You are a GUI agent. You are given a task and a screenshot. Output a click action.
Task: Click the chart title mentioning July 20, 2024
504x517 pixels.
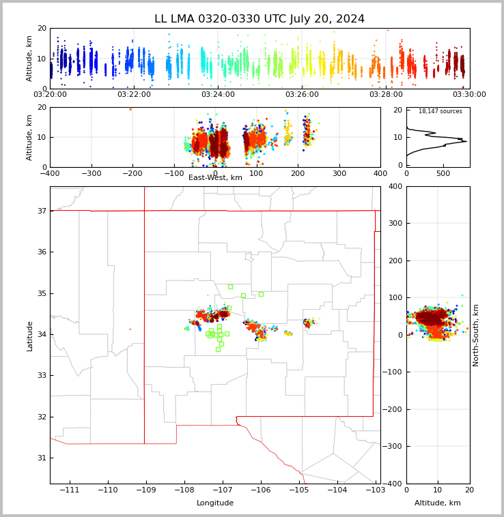click(x=260, y=19)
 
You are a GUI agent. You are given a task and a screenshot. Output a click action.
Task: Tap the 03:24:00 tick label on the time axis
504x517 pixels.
click(x=218, y=95)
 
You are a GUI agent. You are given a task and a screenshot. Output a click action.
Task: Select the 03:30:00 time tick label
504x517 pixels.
click(x=469, y=95)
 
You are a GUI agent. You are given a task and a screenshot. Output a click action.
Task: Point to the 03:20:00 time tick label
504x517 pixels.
click(x=50, y=95)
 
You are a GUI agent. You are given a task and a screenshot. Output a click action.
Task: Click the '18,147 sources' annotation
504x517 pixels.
click(x=440, y=111)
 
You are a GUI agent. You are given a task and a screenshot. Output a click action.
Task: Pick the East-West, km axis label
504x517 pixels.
click(x=215, y=177)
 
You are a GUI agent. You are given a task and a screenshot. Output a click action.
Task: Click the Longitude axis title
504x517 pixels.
click(x=214, y=503)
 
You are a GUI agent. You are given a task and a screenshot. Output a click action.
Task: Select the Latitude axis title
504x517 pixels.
click(x=29, y=336)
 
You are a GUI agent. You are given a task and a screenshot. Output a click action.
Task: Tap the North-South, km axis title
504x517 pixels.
click(x=476, y=335)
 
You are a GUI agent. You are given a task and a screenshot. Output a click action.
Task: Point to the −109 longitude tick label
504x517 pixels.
click(x=144, y=490)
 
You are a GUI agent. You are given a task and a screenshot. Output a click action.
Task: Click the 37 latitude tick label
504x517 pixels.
click(x=41, y=211)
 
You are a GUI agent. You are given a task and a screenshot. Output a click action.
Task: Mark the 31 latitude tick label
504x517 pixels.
click(x=41, y=458)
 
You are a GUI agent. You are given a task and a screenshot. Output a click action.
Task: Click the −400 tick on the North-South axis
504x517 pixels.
click(x=393, y=484)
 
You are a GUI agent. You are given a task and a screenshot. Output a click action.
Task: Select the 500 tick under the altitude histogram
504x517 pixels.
click(x=443, y=173)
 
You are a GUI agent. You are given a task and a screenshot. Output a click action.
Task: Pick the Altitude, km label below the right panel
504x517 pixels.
click(x=437, y=503)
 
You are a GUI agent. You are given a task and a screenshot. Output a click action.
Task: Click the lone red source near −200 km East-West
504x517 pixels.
click(x=130, y=109)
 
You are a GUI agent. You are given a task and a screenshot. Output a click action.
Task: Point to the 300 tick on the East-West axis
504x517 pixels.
click(x=339, y=173)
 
